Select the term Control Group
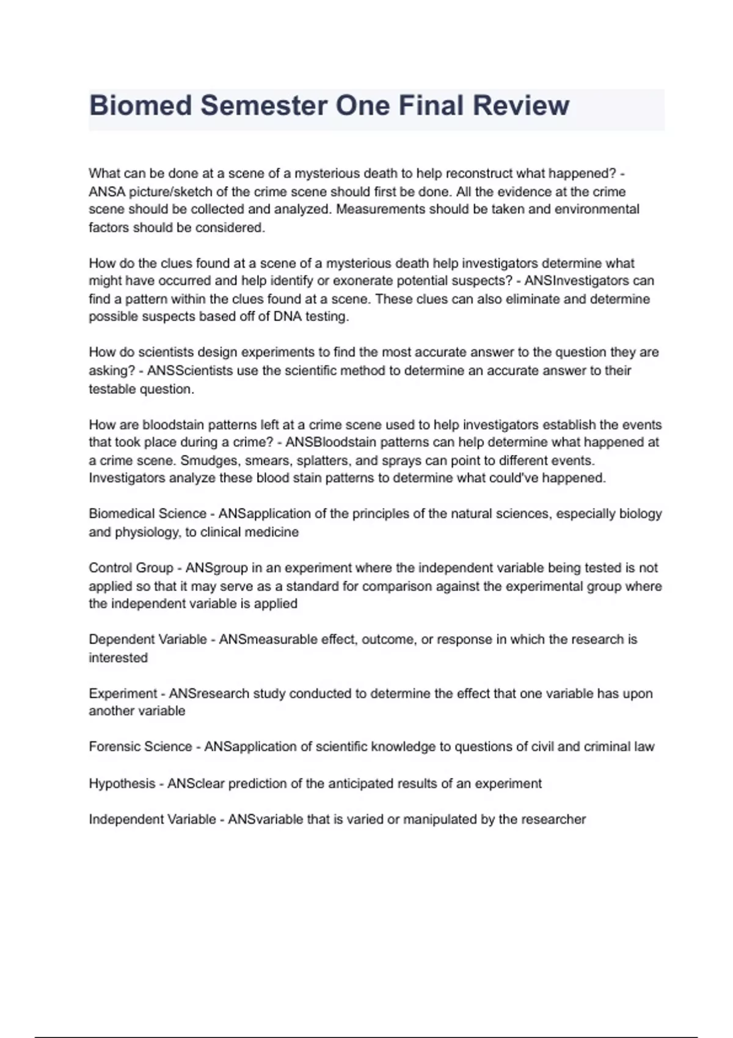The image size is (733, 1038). pyautogui.click(x=131, y=568)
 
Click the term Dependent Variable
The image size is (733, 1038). pyautogui.click(x=148, y=639)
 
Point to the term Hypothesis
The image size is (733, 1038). pyautogui.click(x=122, y=783)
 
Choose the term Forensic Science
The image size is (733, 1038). pyautogui.click(x=140, y=747)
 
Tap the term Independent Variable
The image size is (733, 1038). pyautogui.click(x=152, y=819)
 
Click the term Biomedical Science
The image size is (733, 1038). pyautogui.click(x=147, y=514)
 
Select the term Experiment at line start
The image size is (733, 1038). pyautogui.click(x=123, y=694)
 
